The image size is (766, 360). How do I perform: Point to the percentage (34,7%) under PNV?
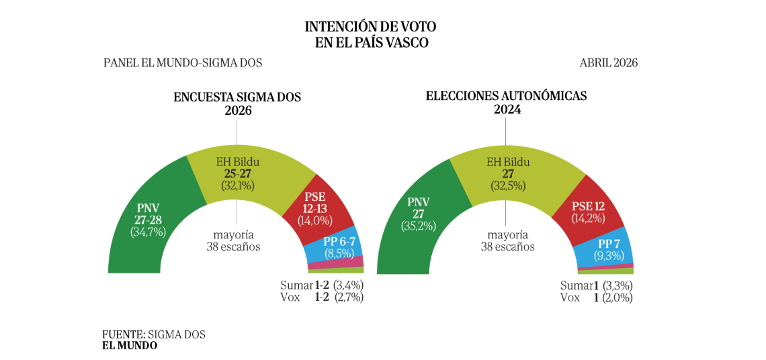(148, 232)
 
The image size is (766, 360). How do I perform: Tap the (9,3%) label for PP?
(609, 255)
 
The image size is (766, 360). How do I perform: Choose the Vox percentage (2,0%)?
(617, 298)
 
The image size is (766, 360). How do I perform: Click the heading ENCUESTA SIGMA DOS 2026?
(237, 103)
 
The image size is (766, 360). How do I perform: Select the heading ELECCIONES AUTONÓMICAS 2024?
(506, 102)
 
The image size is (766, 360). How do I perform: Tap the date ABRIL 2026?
(608, 62)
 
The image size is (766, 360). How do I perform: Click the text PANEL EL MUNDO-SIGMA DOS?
(183, 62)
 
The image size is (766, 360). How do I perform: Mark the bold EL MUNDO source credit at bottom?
(130, 345)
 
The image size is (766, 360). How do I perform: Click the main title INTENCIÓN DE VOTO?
(370, 27)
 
